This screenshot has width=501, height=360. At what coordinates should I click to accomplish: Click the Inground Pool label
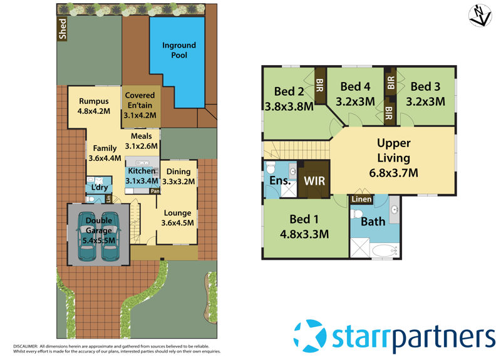179,50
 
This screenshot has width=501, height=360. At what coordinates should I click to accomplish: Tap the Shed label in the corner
62,29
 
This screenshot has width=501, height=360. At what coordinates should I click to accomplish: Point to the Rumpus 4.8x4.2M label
95,106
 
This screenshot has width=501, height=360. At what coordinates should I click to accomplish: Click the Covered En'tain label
140,101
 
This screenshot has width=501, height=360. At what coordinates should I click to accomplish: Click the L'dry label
100,188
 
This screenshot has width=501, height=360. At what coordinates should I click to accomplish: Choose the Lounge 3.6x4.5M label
177,217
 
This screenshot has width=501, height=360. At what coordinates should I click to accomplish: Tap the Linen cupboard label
361,199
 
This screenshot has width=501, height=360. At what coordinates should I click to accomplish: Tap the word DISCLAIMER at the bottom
24,346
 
